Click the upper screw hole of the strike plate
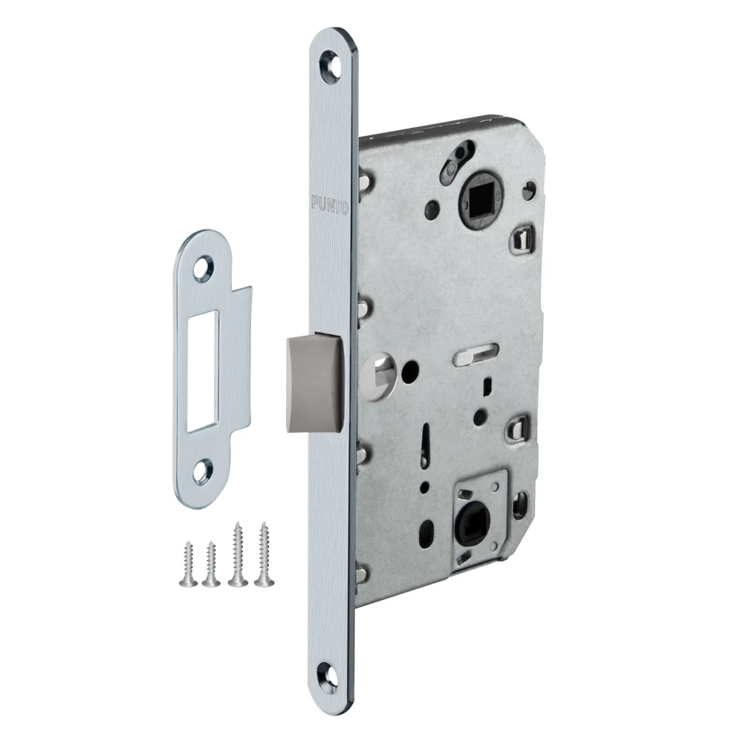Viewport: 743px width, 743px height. point(205,266)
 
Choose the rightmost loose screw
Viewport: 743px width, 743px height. point(264,554)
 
